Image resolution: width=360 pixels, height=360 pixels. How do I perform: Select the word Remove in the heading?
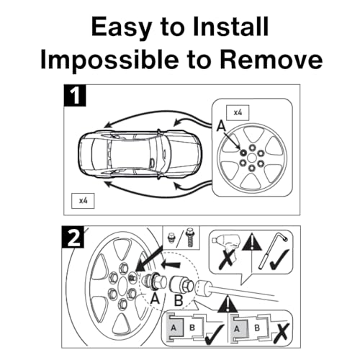coord(271,59)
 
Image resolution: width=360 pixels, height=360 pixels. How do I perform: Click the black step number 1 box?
coord(75,96)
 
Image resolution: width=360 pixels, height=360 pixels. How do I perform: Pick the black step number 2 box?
coord(73,237)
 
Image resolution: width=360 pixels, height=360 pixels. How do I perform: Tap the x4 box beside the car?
coord(83,201)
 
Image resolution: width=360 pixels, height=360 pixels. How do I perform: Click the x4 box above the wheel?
coord(238,112)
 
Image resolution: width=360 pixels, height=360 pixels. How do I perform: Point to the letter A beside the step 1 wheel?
coord(221,126)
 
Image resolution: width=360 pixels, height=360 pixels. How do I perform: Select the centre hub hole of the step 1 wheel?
coord(252,158)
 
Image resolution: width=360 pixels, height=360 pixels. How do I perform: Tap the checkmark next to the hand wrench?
coord(279,259)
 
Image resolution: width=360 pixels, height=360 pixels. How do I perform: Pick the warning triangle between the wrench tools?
coord(251,243)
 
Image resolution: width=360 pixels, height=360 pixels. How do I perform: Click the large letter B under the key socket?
coord(179,300)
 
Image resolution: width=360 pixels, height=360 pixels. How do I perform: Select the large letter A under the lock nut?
coord(156,299)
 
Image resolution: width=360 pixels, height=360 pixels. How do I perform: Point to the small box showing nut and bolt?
coord(181,238)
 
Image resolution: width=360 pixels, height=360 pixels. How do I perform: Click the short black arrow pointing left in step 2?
coord(171,265)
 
